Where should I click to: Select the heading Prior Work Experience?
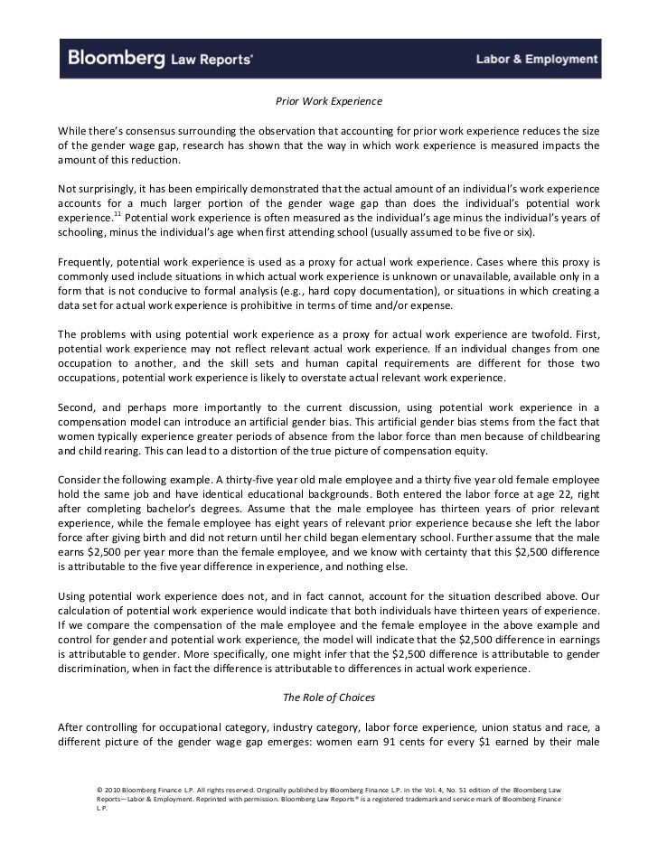point(329,99)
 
